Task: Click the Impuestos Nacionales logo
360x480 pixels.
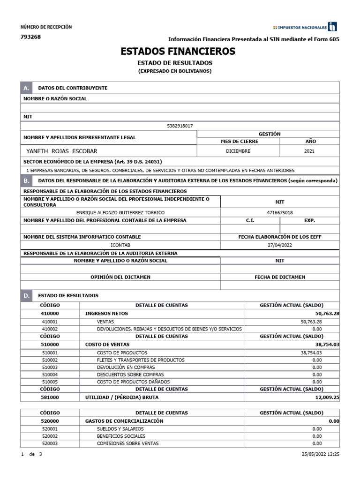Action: pos(305,27)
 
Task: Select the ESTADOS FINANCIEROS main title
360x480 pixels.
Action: pos(178,51)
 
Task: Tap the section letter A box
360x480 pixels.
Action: pos(26,88)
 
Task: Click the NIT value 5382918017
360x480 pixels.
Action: pos(180,126)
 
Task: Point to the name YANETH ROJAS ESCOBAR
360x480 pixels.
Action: pos(62,151)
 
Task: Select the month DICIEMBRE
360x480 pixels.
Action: pos(238,151)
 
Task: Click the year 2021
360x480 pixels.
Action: pos(309,151)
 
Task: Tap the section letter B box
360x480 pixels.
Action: pos(26,180)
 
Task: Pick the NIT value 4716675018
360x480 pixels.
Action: pos(279,212)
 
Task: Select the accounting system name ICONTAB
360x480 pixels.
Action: pos(120,245)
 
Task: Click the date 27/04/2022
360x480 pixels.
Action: pos(279,245)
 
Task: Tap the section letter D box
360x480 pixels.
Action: pos(26,296)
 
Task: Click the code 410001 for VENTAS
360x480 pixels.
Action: pos(50,322)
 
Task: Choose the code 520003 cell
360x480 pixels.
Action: pos(50,443)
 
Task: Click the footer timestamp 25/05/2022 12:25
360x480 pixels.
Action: pos(321,455)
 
